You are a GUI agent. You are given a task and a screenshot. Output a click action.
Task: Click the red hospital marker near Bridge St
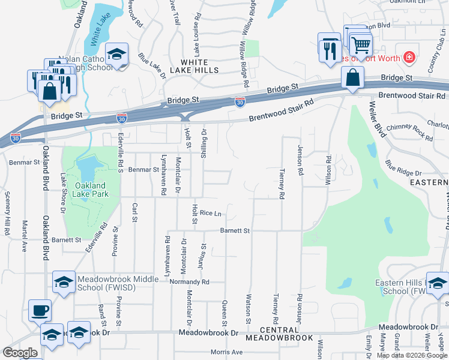409,57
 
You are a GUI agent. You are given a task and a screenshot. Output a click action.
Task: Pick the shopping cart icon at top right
361,44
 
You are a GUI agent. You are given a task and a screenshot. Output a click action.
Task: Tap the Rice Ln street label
211,213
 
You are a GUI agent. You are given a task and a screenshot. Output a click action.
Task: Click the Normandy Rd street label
189,281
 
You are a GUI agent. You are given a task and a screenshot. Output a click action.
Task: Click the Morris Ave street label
227,352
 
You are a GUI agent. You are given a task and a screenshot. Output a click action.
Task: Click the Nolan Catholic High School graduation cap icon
117,55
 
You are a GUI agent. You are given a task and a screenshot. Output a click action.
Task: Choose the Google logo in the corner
19,353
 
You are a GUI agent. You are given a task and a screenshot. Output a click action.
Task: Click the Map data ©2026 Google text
411,355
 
